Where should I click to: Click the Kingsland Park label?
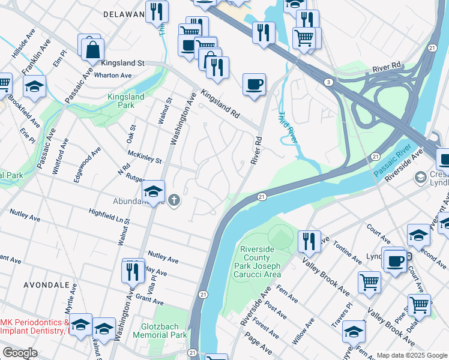pos(125,101)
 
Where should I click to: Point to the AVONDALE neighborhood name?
pos(47,286)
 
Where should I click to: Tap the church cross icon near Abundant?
pos(174,200)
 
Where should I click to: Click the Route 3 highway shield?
pos(328,82)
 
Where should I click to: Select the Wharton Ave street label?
pos(116,76)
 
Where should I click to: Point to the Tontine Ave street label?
pos(349,251)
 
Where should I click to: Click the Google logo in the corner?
pos(20,353)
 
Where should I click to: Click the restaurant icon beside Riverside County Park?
pos(309,241)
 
